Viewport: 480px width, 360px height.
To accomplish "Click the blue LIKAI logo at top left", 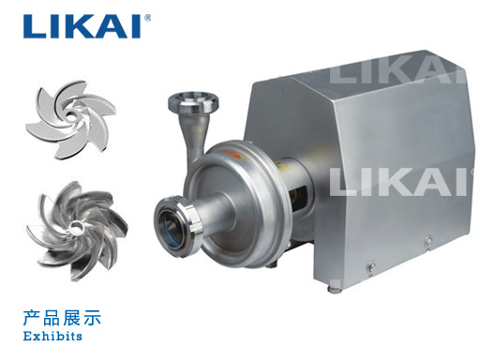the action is [82, 26].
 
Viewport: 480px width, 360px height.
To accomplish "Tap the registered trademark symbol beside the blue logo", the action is [147, 18].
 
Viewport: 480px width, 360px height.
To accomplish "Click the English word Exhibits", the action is [52, 337].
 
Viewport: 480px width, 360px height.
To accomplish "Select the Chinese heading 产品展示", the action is [62, 318].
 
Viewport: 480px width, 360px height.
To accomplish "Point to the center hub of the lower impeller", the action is [77, 227].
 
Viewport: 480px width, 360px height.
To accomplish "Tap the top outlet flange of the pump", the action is [193, 103].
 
